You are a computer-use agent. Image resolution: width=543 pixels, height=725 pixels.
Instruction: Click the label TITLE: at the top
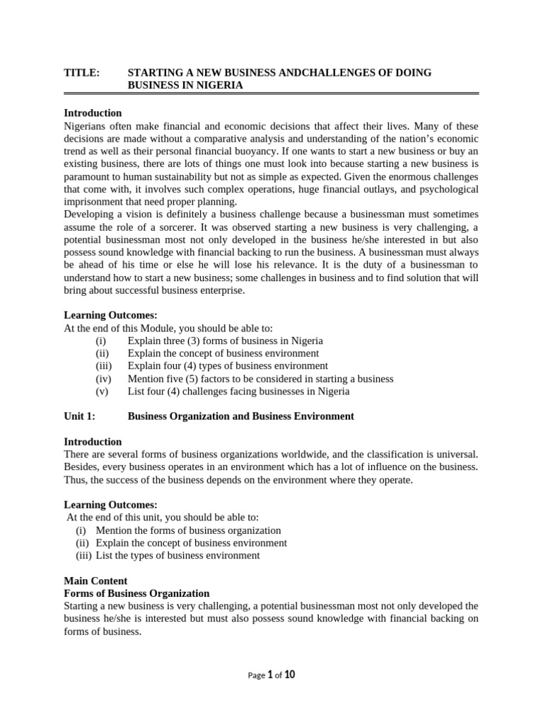point(81,73)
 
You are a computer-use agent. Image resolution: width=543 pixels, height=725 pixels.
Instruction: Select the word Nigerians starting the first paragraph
point(88,126)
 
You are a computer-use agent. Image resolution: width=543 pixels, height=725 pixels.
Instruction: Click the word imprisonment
point(93,201)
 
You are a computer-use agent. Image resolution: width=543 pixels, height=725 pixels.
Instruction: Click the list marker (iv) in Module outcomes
point(103,379)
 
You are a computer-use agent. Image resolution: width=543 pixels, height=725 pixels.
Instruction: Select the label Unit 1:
point(79,416)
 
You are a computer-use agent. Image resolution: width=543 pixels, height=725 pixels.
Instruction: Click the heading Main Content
point(95,581)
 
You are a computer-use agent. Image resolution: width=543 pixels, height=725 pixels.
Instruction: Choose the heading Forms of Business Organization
point(136,593)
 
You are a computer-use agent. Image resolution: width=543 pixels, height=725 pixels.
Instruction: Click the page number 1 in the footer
point(269,675)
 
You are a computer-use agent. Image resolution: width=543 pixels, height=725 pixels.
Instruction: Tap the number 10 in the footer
point(289,675)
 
